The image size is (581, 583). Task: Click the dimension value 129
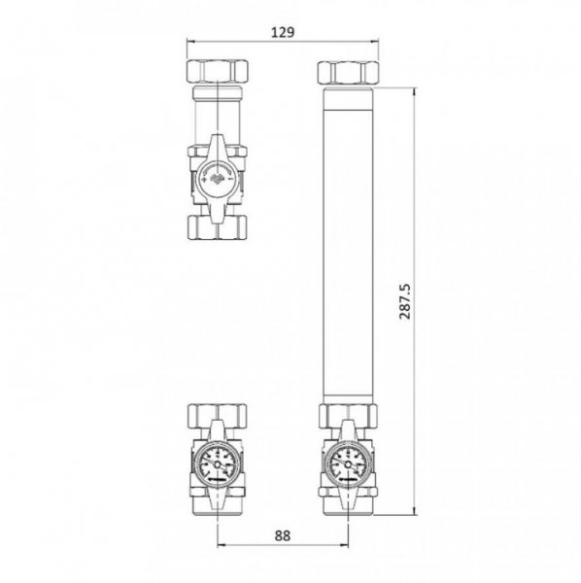pyautogui.click(x=283, y=32)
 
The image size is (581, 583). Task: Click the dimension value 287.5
pyautogui.click(x=405, y=301)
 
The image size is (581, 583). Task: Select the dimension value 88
pyautogui.click(x=283, y=535)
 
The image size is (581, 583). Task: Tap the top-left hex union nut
pyautogui.click(x=217, y=71)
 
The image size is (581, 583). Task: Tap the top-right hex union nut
pyautogui.click(x=348, y=72)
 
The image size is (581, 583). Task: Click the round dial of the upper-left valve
pyautogui.click(x=217, y=179)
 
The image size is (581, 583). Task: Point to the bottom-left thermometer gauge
pyautogui.click(x=217, y=464)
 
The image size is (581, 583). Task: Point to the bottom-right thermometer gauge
pyautogui.click(x=348, y=464)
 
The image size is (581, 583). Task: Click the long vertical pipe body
pyautogui.click(x=348, y=246)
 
